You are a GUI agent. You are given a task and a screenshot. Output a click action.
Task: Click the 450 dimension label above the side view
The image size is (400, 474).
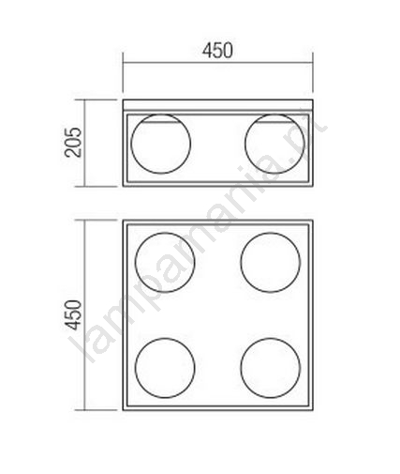click(x=217, y=51)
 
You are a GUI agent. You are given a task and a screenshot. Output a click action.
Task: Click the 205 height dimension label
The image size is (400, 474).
click(x=73, y=143)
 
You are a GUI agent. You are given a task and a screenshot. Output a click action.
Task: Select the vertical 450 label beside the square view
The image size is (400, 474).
click(x=74, y=314)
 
